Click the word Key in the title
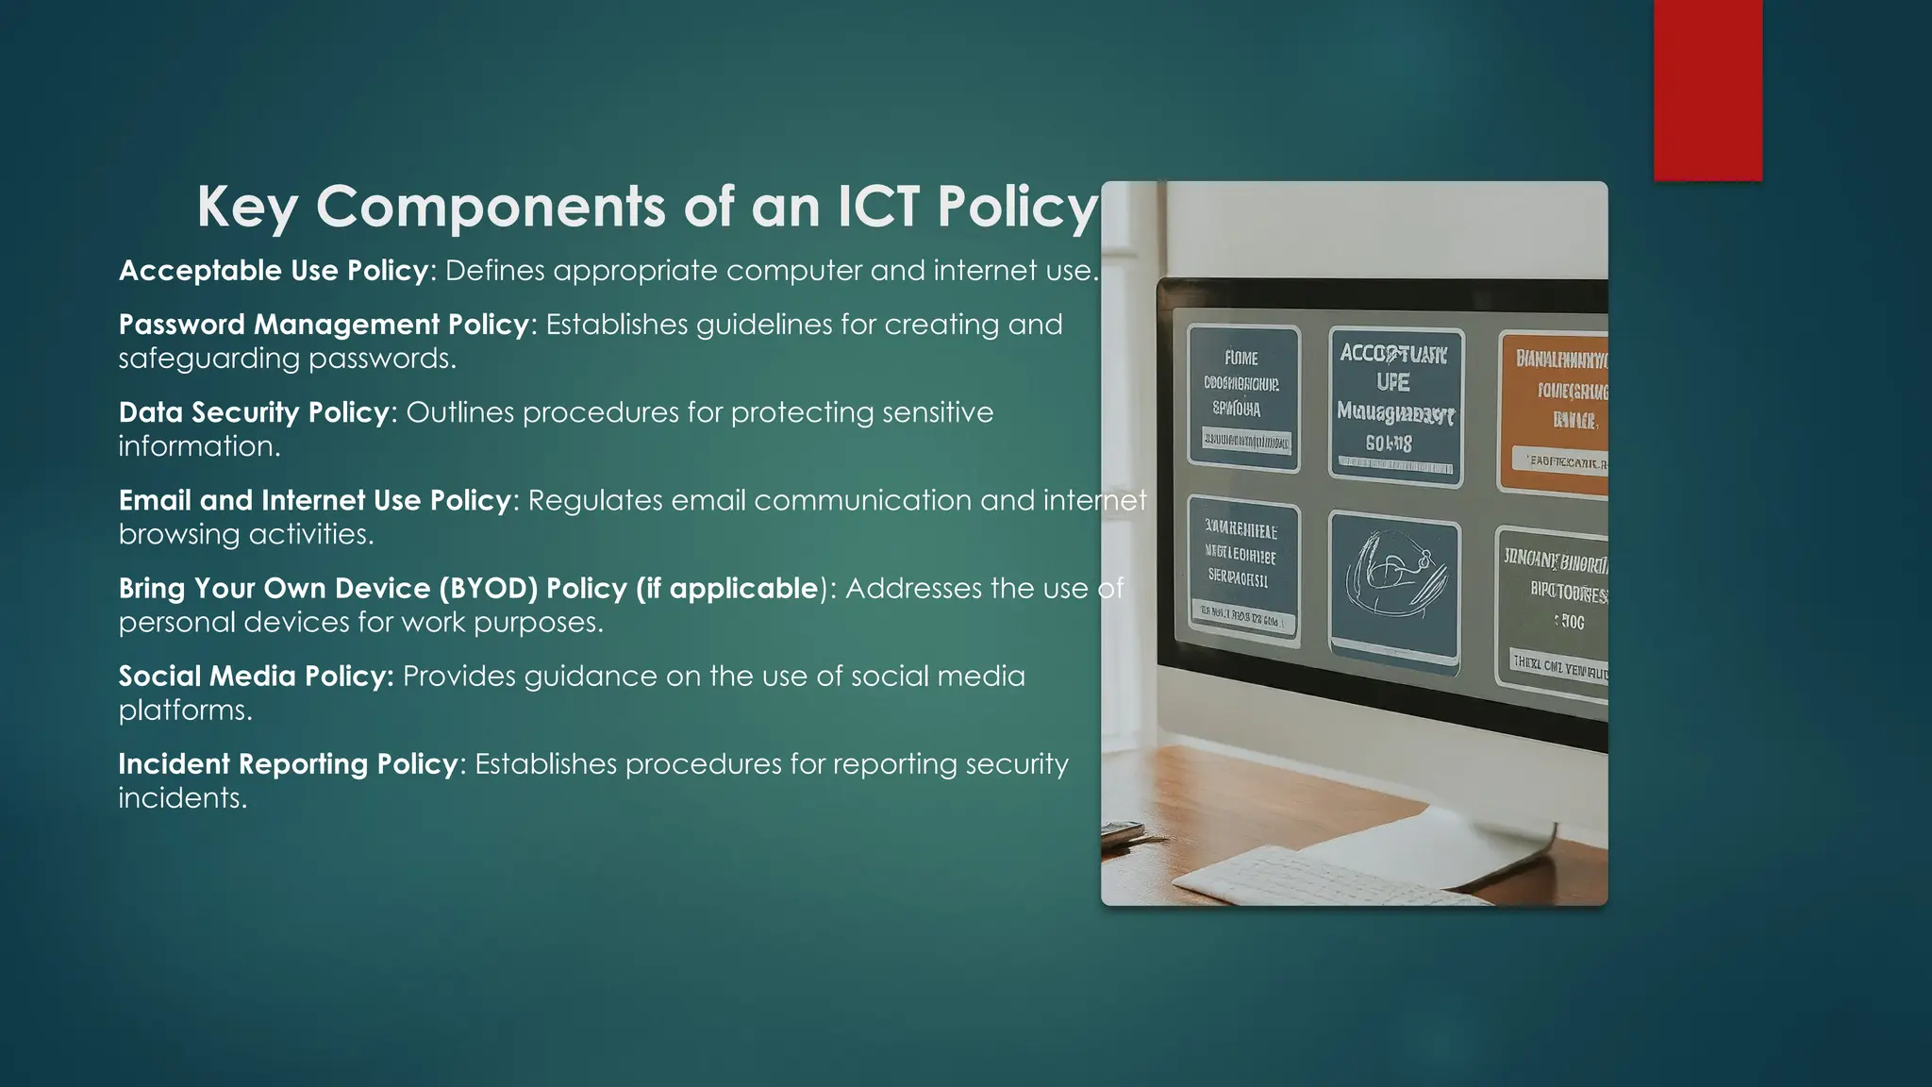[247, 208]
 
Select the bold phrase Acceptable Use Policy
[274, 271]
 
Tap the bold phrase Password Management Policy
[324, 325]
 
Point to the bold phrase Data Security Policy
[254, 412]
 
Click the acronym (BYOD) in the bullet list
[488, 589]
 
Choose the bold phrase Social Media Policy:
[256, 677]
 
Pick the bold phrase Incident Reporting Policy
[288, 764]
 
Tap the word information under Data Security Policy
[199, 446]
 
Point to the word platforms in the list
[185, 711]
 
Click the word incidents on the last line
[182, 798]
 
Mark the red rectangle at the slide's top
[1707, 90]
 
